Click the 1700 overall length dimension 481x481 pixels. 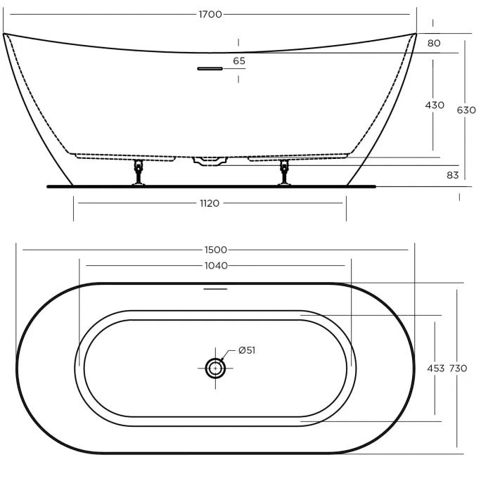coord(211,14)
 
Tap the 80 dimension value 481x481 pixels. coord(434,43)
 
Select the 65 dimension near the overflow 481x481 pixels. coord(239,61)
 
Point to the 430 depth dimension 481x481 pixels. coord(435,105)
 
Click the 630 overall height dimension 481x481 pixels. coord(466,110)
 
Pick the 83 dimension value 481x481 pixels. coord(452,174)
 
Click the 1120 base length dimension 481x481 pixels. coord(210,203)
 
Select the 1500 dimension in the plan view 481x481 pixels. coord(217,250)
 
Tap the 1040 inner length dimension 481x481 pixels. coord(217,265)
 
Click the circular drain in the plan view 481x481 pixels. coord(214,367)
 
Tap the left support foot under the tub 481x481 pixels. coord(139,174)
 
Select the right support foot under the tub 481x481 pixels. coord(285,174)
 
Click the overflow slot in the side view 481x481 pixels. coord(210,68)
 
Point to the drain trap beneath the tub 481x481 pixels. coord(210,161)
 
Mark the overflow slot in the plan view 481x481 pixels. coord(215,288)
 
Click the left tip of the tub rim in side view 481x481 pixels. coord(4,34)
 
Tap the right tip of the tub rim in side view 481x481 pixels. coord(416,33)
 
